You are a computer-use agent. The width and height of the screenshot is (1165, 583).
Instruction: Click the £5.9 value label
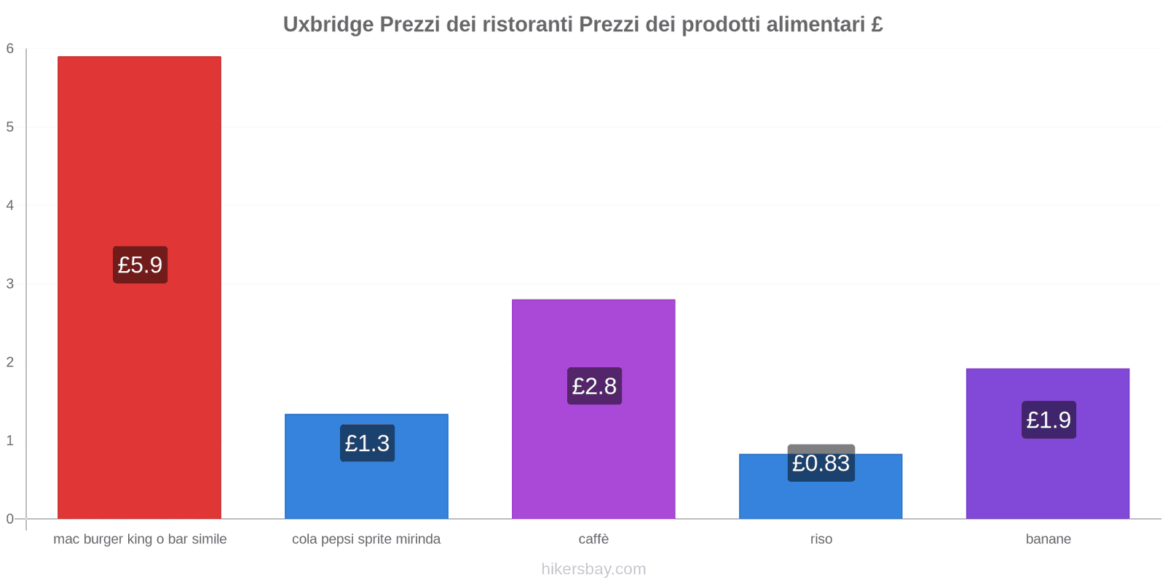[x=140, y=265]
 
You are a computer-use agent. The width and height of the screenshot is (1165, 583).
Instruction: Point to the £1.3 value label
[x=367, y=443]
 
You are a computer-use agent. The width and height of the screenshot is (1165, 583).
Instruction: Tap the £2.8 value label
[x=594, y=386]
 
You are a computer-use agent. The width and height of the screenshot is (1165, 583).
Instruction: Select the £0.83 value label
[x=821, y=463]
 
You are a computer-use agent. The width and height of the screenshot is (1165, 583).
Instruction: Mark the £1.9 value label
[x=1048, y=420]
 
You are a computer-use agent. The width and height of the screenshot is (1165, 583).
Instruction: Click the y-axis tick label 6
[x=10, y=49]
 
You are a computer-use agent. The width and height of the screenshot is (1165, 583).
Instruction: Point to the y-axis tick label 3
[x=10, y=283]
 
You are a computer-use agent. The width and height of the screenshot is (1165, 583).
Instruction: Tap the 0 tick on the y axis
[x=10, y=519]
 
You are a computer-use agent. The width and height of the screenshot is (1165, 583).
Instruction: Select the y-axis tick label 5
[x=10, y=127]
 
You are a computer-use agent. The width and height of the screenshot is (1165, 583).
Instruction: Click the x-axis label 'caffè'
[x=593, y=539]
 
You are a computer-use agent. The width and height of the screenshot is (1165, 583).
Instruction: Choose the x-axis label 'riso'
[x=821, y=539]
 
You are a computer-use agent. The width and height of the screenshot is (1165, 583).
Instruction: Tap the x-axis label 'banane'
[x=1048, y=539]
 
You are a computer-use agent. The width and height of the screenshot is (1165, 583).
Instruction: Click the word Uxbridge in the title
[x=328, y=25]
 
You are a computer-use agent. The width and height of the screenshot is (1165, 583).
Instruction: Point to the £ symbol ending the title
[x=877, y=25]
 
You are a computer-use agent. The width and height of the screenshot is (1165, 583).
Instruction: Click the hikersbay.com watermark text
[x=593, y=569]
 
